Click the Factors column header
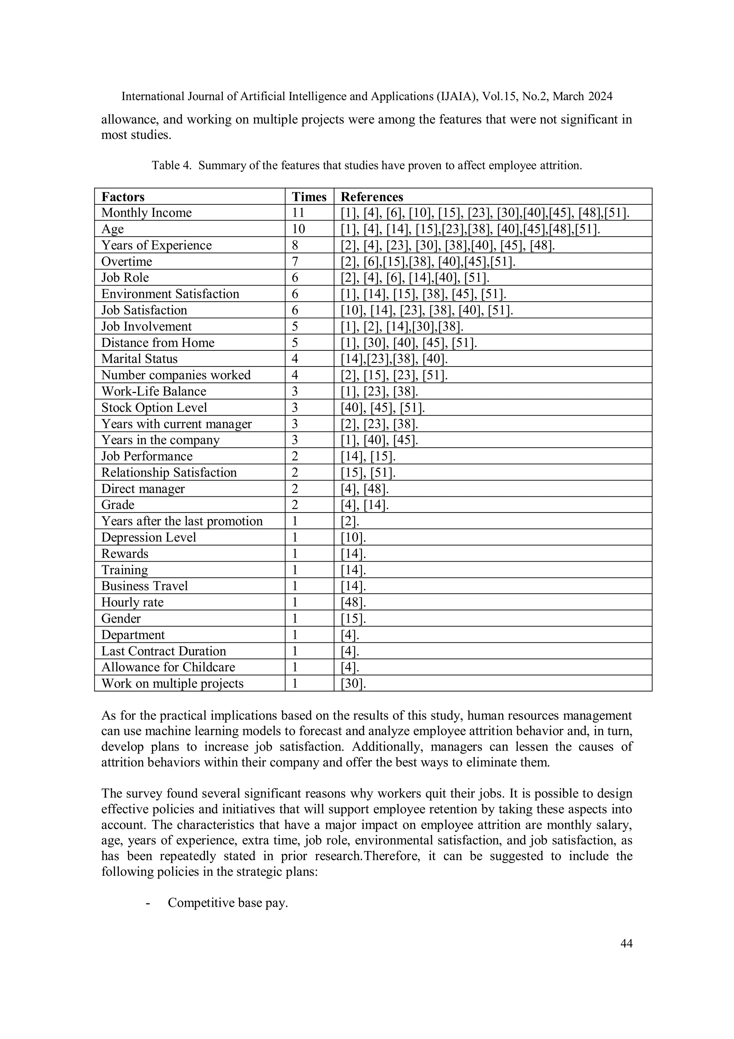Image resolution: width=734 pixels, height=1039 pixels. pyautogui.click(x=123, y=197)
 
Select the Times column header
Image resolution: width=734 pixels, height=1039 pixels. pyautogui.click(x=309, y=197)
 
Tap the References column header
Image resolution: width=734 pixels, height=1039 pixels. pyautogui.click(x=371, y=197)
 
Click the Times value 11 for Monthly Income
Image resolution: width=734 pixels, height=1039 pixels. pyautogui.click(x=298, y=213)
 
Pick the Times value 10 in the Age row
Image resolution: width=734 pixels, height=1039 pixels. pyautogui.click(x=299, y=229)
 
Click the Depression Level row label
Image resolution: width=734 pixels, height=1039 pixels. pyautogui.click(x=148, y=538)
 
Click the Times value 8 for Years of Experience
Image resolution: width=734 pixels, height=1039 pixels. pyautogui.click(x=295, y=245)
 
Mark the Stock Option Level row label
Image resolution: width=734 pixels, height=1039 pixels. pyautogui.click(x=154, y=408)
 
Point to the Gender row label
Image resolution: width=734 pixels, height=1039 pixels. pyautogui.click(x=121, y=619)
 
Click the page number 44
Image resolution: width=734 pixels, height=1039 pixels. pyautogui.click(x=626, y=944)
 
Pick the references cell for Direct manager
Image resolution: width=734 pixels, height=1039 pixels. pyautogui.click(x=364, y=489)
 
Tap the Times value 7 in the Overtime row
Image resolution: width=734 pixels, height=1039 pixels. pyautogui.click(x=295, y=261)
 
